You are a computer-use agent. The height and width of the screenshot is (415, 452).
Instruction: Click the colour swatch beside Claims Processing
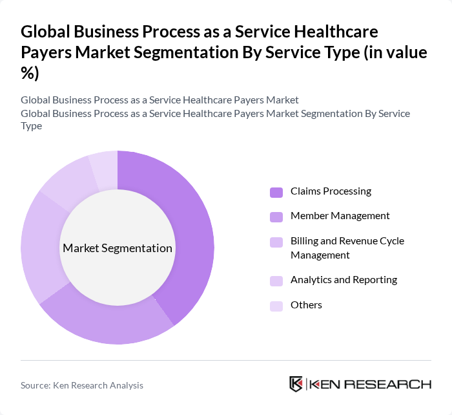[276, 192]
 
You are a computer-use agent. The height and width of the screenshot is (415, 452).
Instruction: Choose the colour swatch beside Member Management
[276, 217]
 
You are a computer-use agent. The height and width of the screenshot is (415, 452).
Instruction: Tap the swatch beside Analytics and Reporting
[276, 281]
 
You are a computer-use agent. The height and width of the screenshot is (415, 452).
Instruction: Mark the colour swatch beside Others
[276, 306]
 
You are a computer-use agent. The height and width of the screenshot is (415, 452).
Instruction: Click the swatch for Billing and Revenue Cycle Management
[276, 242]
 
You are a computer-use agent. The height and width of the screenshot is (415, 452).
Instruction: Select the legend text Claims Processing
[331, 191]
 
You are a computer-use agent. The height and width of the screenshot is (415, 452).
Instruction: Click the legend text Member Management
[340, 216]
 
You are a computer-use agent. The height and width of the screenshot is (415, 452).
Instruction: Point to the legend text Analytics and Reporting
[344, 280]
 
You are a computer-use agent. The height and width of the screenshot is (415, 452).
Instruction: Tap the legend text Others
[306, 305]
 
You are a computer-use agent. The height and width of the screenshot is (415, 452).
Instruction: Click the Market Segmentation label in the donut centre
[118, 248]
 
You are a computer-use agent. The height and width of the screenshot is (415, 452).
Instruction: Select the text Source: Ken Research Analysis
[82, 385]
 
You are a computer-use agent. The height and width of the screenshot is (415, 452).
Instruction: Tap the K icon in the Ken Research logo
[296, 384]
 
